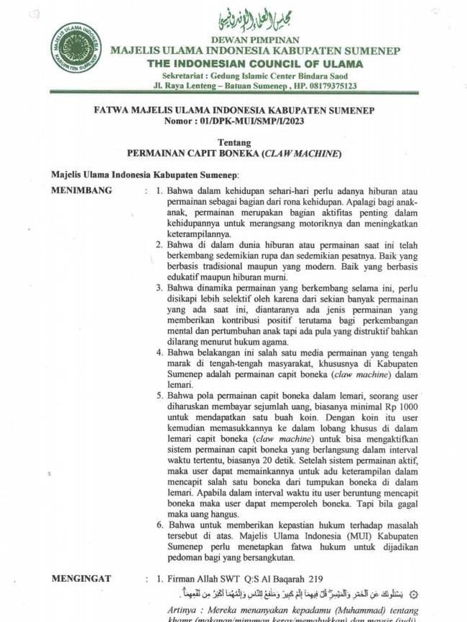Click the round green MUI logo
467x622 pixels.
(75, 49)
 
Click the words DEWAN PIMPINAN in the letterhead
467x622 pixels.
(256, 40)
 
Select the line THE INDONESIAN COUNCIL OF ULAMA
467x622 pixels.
(255, 63)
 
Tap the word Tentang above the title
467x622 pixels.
(233, 142)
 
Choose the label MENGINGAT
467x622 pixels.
(82, 578)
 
